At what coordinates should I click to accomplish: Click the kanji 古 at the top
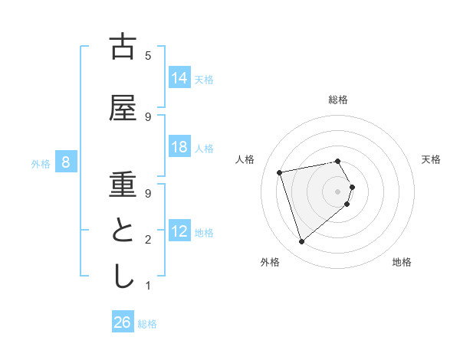tap(123, 47)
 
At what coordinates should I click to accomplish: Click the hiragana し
tap(123, 276)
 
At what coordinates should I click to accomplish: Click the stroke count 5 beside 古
tap(148, 56)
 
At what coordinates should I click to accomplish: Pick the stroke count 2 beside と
tap(148, 240)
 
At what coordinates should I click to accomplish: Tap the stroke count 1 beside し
tap(148, 286)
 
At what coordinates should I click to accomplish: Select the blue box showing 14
tap(179, 77)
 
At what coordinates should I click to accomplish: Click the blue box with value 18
tap(179, 147)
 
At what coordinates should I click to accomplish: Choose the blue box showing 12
tap(179, 231)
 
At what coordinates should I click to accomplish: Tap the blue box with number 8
tap(66, 162)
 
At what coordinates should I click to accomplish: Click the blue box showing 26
tap(123, 322)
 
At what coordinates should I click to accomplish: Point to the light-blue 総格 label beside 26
tap(147, 323)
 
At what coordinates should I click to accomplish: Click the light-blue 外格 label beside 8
tap(41, 162)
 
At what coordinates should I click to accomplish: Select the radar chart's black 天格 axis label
tap(432, 159)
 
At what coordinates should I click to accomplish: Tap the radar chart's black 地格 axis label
tap(402, 262)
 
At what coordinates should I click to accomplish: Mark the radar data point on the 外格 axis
tap(301, 242)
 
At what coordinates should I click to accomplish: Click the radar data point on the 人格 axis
tap(280, 172)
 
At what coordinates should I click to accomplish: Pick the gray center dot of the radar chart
tap(337, 190)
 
